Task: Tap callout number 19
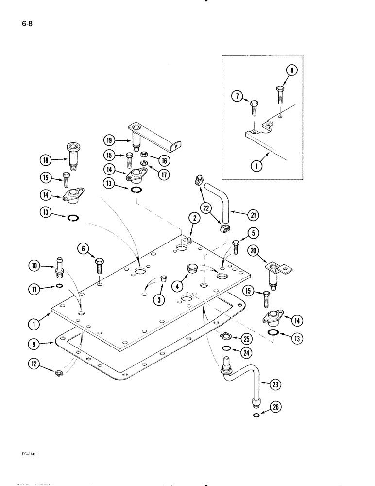[x=109, y=140]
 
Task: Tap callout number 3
[x=158, y=300]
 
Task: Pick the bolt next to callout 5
[x=236, y=246]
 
